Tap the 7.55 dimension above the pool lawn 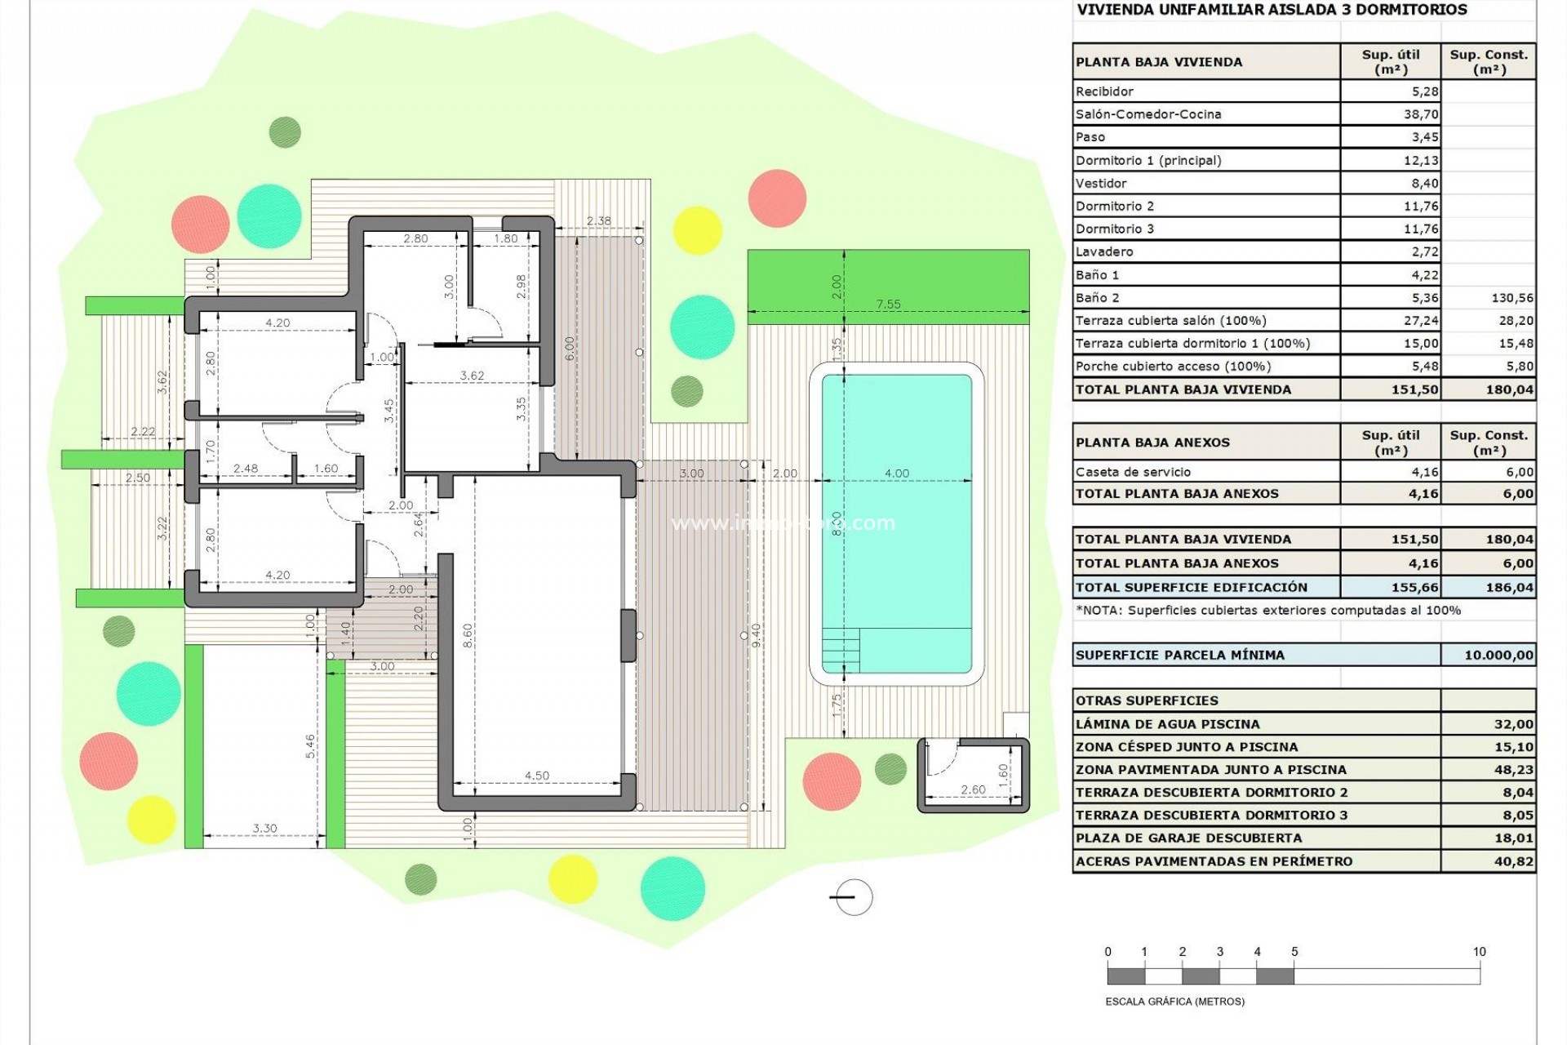(888, 304)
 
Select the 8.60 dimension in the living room (468, 635)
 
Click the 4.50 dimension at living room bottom (537, 776)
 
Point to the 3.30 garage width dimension (264, 828)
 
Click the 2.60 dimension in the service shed (973, 789)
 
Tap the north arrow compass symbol (852, 897)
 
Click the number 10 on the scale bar (1479, 952)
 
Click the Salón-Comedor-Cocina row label (1148, 114)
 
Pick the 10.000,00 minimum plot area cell (1498, 655)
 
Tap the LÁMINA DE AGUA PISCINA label (1167, 724)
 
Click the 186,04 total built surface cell (1509, 587)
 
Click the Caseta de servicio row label (1133, 472)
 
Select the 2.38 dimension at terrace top (598, 220)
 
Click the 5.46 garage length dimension (310, 745)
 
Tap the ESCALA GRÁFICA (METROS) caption (1174, 1001)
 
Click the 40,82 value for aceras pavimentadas (1513, 861)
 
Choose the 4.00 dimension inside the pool (896, 473)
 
